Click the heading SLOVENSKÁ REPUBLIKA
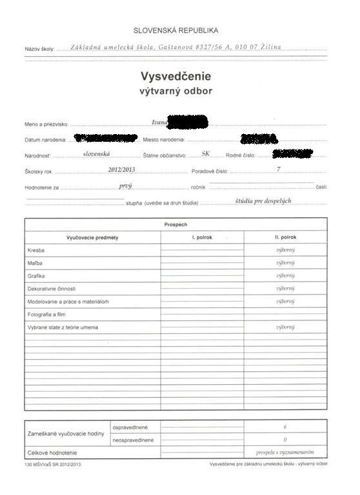coord(175,30)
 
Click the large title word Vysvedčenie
coord(175,77)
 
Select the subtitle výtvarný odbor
coord(175,92)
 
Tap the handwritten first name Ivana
coord(159,121)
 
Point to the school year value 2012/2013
coord(123,170)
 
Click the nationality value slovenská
coord(97,154)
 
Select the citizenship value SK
coord(206,154)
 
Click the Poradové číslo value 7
coord(278,170)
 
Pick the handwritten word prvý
coord(126,186)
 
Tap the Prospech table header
coord(175,224)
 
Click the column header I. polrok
coord(202,237)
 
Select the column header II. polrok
coord(285,237)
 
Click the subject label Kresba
coord(36,250)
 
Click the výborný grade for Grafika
coord(285,276)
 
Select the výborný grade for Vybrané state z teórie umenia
coord(285,327)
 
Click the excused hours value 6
coord(285,427)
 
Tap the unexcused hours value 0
coord(285,440)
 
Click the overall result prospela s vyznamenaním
coord(285,452)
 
